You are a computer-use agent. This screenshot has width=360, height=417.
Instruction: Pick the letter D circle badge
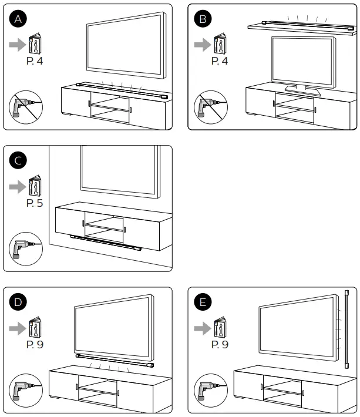point(19,302)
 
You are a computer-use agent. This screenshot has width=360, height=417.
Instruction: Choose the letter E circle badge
point(203,302)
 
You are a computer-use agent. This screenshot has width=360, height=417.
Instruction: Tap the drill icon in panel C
point(22,248)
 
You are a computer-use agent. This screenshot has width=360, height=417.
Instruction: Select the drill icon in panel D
point(22,390)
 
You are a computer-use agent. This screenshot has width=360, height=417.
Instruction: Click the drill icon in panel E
point(207,390)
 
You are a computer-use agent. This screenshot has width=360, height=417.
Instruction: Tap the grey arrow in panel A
point(16,44)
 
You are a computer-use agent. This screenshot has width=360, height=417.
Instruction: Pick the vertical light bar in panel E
point(346,329)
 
